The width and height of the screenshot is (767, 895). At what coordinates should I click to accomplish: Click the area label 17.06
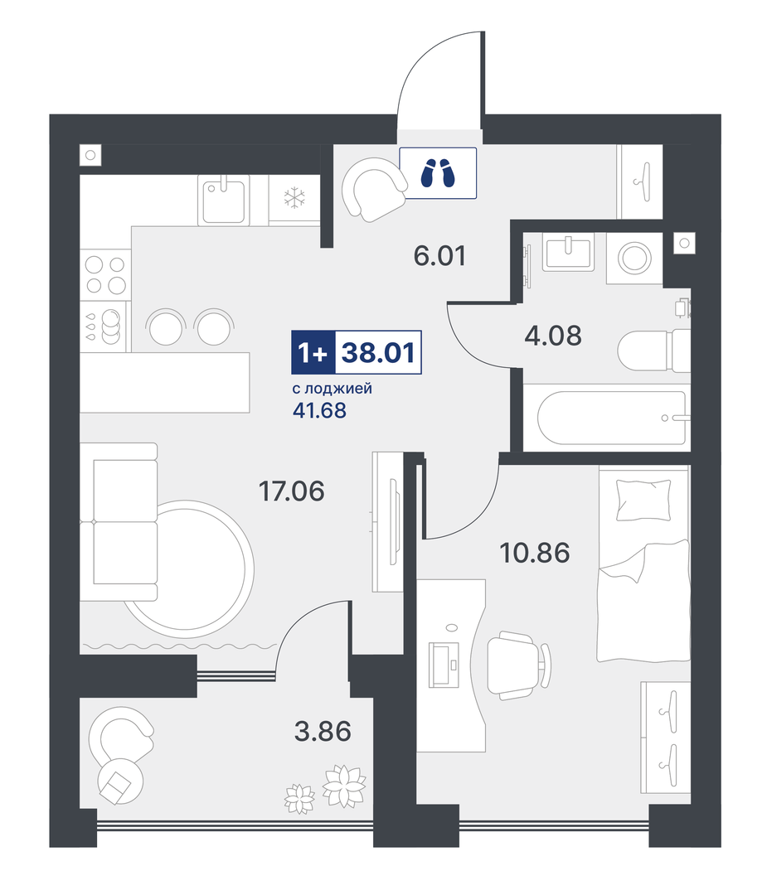pos(291,491)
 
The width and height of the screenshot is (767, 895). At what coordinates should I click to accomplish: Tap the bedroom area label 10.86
pos(535,553)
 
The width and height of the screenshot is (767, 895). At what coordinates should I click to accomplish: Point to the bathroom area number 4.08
pos(553,336)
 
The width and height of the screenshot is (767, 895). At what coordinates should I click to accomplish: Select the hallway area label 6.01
pos(439,256)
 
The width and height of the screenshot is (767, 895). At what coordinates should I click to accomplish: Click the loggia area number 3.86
pos(323,731)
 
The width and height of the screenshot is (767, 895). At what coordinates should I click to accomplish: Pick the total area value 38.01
pos(378,353)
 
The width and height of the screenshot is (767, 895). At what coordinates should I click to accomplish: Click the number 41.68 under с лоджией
pos(319,410)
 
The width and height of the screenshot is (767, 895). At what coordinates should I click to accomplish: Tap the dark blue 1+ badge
pos(313,353)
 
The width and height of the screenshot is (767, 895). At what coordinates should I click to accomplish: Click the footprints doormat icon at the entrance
pos(438,173)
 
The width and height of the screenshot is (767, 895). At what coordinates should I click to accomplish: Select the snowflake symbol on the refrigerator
pos(294,198)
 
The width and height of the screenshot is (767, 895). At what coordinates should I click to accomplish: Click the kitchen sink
pos(224,200)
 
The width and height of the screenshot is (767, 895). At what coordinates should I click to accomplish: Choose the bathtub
pos(612,417)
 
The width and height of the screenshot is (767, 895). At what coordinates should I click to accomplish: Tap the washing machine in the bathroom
pos(634,258)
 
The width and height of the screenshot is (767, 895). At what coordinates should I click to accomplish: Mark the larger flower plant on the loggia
pos(344,786)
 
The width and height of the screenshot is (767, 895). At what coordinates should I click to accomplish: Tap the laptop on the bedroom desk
pos(444,665)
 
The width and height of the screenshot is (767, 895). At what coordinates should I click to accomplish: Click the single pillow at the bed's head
pos(643,500)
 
